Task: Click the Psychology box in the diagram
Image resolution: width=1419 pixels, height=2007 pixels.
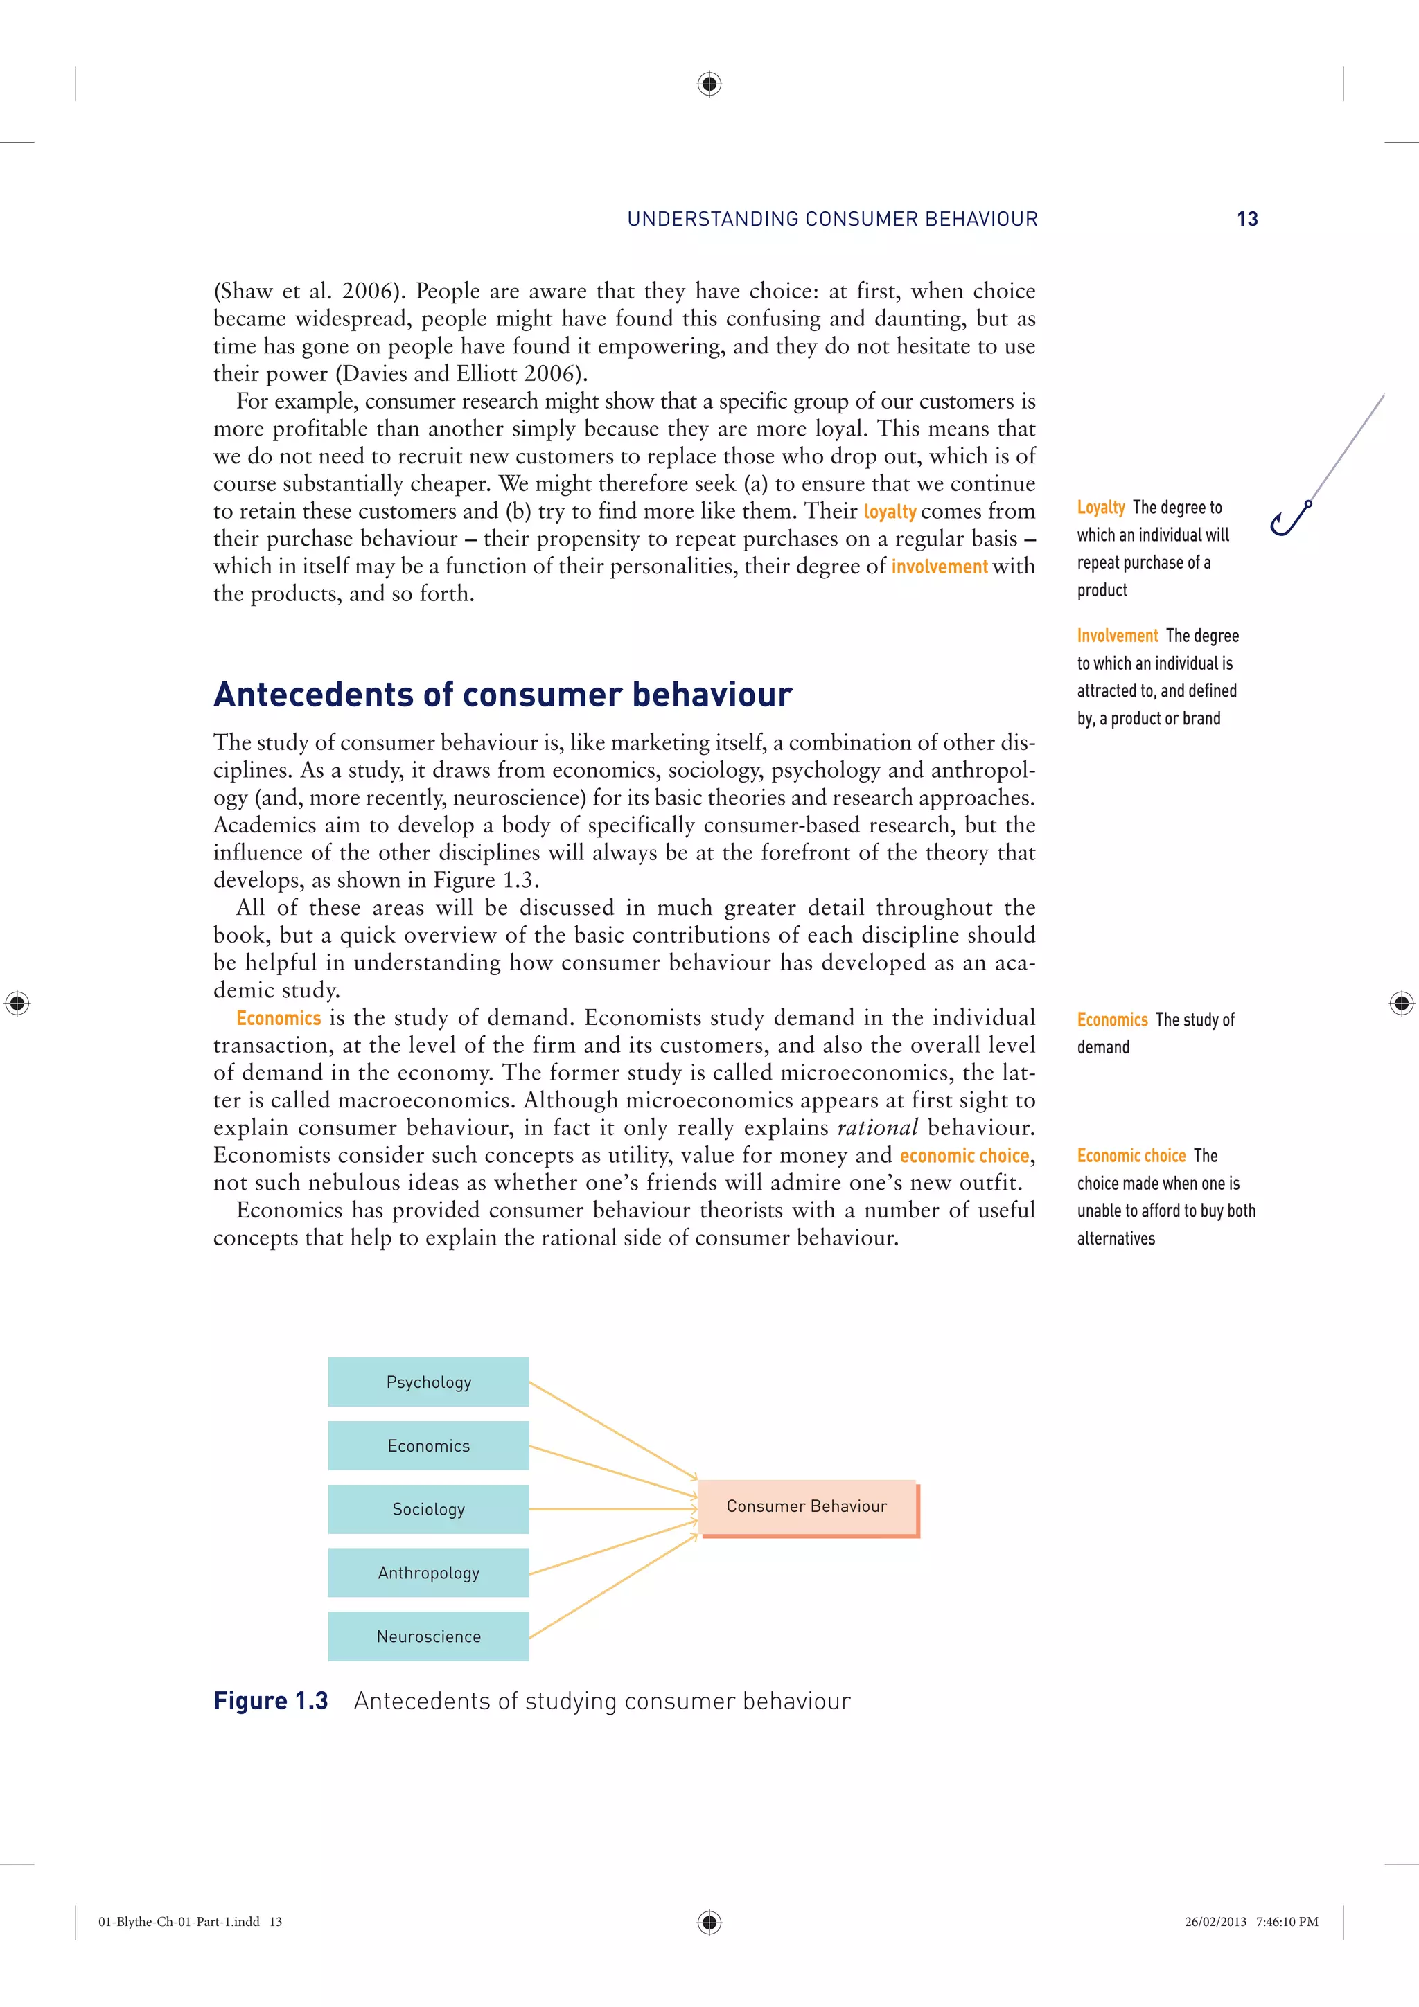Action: (x=428, y=1381)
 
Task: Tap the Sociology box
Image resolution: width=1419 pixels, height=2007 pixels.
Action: (x=428, y=1509)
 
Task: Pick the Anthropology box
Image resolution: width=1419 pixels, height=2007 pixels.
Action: (x=428, y=1573)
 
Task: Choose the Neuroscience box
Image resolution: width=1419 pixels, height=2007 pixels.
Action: (x=428, y=1636)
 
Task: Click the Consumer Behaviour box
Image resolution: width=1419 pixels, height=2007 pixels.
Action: (x=807, y=1506)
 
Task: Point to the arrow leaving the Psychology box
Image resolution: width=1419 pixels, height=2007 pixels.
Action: (x=612, y=1429)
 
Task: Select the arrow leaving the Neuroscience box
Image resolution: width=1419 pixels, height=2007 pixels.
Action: (x=612, y=1587)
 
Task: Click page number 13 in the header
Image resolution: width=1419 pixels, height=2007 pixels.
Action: (x=1246, y=220)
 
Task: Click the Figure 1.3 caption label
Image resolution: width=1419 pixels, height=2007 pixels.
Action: (x=271, y=1701)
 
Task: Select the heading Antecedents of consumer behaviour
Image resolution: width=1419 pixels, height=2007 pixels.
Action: (x=503, y=695)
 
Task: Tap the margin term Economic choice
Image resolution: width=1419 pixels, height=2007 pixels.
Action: (x=1131, y=1156)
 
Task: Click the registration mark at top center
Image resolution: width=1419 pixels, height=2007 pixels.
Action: (x=709, y=84)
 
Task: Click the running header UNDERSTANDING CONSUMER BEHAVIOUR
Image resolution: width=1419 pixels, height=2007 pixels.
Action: (x=832, y=220)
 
